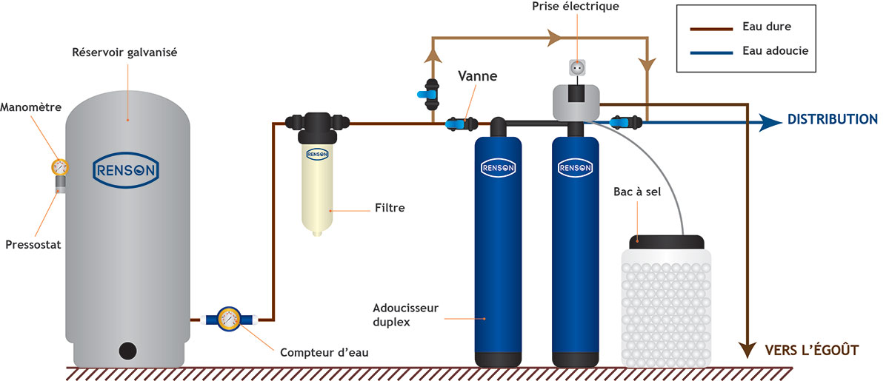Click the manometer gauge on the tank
click(59, 166)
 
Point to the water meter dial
click(228, 320)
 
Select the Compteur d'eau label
click(324, 352)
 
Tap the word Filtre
click(390, 209)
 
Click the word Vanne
click(478, 76)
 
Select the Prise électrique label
click(576, 7)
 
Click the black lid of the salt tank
click(667, 241)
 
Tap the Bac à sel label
click(649, 192)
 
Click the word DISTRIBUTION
click(832, 120)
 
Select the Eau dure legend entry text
click(766, 27)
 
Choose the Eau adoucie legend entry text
click(774, 51)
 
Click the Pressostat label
click(33, 244)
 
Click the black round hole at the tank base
click(127, 349)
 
